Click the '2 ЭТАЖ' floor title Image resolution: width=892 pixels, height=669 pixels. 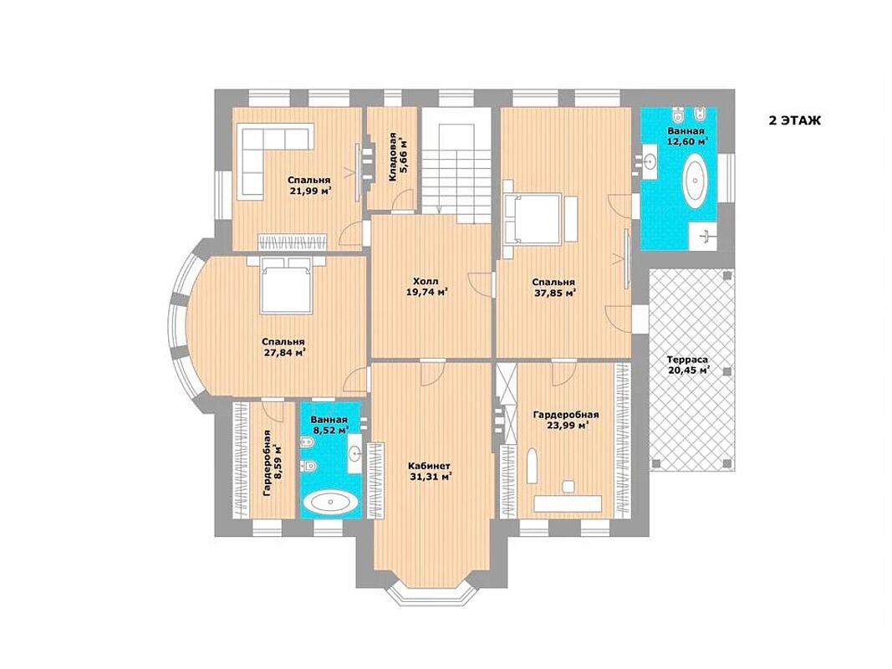coord(795,120)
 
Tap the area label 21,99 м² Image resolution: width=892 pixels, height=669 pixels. coord(311,192)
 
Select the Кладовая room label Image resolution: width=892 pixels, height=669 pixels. coord(393,157)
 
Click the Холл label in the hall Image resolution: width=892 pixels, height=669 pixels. coord(426,281)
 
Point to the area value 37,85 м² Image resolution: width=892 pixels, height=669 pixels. coord(553,293)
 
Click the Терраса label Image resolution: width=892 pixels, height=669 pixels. coord(687,360)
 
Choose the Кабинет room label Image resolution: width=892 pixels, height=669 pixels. coord(430,466)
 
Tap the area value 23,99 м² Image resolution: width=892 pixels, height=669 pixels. coord(565,425)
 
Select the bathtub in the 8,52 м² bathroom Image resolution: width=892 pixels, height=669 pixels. coord(330,503)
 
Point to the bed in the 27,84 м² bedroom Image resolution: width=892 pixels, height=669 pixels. coord(286,283)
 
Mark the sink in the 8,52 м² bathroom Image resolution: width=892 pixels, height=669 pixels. coord(355,452)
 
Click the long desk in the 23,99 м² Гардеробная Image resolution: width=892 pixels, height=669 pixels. coord(567,503)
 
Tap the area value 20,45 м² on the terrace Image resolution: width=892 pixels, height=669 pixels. coord(688,371)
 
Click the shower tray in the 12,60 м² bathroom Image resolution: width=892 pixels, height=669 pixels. coord(702,236)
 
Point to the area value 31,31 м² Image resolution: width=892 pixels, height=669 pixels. coord(431,477)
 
